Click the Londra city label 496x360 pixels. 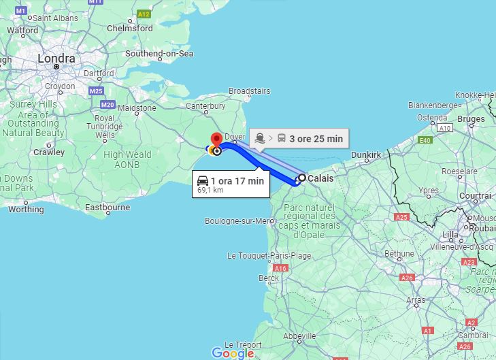click(x=56, y=59)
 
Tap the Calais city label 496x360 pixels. click(x=320, y=179)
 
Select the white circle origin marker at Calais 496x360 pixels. click(x=301, y=178)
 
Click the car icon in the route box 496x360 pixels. click(x=203, y=181)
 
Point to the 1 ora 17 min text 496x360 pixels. click(x=237, y=181)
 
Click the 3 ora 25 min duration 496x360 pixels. click(x=316, y=139)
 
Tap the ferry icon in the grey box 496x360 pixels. click(x=261, y=139)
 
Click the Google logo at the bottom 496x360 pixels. click(x=232, y=353)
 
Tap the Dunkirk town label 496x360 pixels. click(x=366, y=155)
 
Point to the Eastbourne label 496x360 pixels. click(x=108, y=207)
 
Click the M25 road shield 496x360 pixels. click(x=95, y=91)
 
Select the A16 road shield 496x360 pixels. click(x=280, y=268)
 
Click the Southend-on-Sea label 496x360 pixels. click(x=159, y=54)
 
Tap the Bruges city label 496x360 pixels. click(x=471, y=119)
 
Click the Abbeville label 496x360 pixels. click(x=299, y=336)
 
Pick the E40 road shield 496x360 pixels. click(x=425, y=141)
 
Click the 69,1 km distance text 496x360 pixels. click(x=210, y=191)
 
